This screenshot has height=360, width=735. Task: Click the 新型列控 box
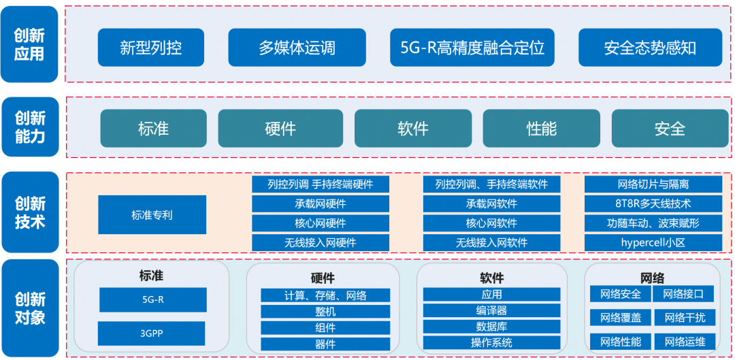click(x=151, y=48)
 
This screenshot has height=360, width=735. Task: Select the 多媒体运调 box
click(x=297, y=48)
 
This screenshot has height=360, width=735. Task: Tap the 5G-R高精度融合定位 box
click(x=472, y=48)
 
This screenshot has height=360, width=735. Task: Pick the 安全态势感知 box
click(x=650, y=48)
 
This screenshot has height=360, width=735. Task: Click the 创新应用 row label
click(x=29, y=44)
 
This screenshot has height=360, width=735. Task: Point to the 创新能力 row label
click(x=29, y=127)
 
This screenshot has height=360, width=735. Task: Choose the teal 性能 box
click(x=541, y=129)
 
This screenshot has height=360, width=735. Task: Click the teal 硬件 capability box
click(x=280, y=129)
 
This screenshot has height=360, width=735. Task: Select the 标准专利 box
click(x=152, y=215)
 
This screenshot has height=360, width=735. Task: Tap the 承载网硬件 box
click(x=321, y=203)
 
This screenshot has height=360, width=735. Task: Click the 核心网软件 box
click(x=491, y=223)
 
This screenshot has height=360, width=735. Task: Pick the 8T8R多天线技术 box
click(x=653, y=203)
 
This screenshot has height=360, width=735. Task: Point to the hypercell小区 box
click(x=653, y=242)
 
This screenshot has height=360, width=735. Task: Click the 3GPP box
click(x=152, y=333)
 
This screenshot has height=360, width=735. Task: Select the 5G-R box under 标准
click(x=152, y=299)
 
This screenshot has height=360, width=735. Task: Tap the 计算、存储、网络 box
click(x=325, y=295)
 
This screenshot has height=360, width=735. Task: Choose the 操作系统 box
click(x=491, y=343)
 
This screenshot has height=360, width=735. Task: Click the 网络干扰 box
click(x=685, y=318)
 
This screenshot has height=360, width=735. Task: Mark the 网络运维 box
click(x=685, y=342)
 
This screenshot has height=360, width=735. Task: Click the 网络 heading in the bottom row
click(x=653, y=278)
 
